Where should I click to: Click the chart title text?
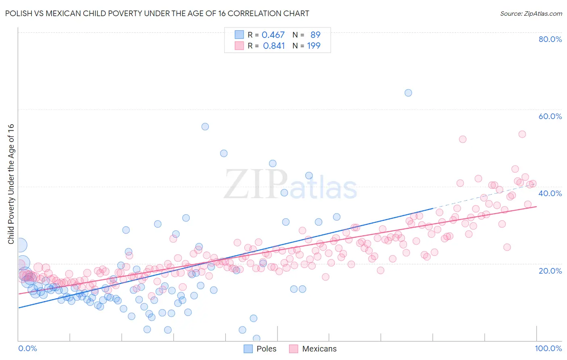[x=157, y=13]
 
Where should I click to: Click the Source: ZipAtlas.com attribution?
[x=531, y=13]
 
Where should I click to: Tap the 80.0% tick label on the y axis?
[x=550, y=39]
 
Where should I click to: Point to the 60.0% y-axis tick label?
[x=550, y=116]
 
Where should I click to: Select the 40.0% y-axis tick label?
[x=550, y=193]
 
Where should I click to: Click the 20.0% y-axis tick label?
[x=550, y=270]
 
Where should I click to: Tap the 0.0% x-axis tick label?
[x=27, y=348]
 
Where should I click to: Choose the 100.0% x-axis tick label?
[x=548, y=348]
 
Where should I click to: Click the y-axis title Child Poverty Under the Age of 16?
[x=11, y=184]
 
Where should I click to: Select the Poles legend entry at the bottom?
[x=261, y=349]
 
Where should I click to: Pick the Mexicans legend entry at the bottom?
[x=313, y=349]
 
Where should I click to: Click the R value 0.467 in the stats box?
[x=273, y=35]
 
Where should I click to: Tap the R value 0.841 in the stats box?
[x=274, y=46]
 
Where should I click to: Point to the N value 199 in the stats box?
[x=314, y=46]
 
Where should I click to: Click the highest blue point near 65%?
[x=408, y=93]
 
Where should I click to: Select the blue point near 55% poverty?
[x=205, y=127]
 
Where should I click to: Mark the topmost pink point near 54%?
[x=522, y=134]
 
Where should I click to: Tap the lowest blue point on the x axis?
[x=256, y=338]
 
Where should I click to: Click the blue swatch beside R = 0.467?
[x=239, y=35]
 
